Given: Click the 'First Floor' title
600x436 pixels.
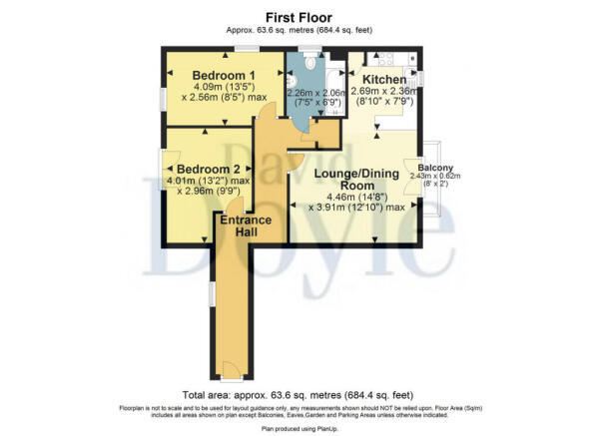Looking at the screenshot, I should tap(299, 17).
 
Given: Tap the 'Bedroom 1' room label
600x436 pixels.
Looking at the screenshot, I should tap(224, 76).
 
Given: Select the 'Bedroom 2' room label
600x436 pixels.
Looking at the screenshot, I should tap(209, 169).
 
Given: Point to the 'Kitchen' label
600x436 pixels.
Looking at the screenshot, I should tap(383, 79).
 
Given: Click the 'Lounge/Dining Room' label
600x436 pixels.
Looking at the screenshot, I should tap(345, 180).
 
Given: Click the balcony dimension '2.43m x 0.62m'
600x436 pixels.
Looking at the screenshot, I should tap(435, 177).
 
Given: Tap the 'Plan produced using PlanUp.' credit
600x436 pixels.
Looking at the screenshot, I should tap(299, 428).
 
